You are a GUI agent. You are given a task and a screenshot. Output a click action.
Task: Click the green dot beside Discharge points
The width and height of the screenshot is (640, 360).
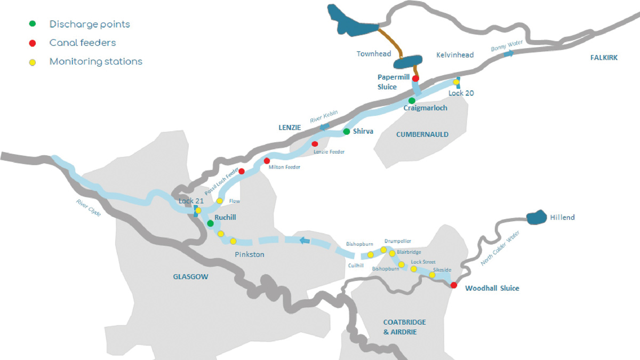click(33, 24)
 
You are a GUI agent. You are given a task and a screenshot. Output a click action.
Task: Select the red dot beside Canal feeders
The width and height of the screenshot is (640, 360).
click(33, 43)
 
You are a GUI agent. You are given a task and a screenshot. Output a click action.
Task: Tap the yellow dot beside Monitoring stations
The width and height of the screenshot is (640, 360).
click(33, 62)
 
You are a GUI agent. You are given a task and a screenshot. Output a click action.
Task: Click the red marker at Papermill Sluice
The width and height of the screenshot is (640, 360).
click(415, 78)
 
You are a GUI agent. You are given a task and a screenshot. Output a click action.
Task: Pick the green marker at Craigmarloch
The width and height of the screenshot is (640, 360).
click(412, 100)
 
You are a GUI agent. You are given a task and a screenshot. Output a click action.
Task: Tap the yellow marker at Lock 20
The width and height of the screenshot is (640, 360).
click(456, 82)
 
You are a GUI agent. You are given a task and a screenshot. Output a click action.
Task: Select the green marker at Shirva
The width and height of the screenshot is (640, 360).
click(346, 131)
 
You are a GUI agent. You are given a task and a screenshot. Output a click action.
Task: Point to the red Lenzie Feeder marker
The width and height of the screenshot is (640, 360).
click(315, 144)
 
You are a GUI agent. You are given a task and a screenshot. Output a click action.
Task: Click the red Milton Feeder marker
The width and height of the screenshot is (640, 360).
click(267, 161)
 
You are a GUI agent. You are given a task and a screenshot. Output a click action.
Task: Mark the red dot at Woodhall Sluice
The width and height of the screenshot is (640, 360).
click(453, 285)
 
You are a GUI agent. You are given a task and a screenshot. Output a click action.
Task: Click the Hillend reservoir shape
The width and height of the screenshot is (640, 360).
click(536, 218)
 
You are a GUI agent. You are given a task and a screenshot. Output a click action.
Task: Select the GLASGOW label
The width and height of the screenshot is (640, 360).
click(190, 277)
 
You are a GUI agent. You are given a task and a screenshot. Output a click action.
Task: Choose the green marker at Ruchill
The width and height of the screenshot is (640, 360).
click(211, 223)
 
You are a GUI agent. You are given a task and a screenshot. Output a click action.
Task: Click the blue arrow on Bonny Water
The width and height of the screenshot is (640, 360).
click(510, 53)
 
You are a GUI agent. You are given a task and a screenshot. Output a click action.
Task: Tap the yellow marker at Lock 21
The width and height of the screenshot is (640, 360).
click(198, 211)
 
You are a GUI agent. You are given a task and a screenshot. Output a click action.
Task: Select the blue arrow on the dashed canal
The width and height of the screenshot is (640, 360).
click(305, 241)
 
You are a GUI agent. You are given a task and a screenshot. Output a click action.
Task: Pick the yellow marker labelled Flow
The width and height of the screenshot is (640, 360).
click(220, 201)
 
